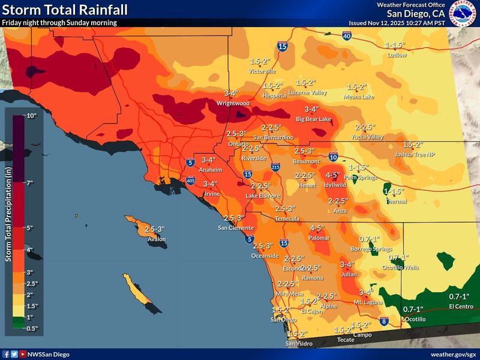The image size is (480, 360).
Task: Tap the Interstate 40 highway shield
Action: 346,37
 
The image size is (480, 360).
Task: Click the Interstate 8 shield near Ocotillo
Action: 384,322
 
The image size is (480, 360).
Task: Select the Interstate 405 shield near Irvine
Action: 190,179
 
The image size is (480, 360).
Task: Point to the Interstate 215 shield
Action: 275,167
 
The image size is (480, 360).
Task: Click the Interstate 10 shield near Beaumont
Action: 333,157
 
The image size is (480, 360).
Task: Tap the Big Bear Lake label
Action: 314,119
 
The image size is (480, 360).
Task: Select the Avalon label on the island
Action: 157,239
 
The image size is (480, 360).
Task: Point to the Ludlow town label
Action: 397,55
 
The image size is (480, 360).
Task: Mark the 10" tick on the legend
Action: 31,115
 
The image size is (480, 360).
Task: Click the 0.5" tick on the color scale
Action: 31,328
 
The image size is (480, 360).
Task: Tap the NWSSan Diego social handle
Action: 49,355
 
